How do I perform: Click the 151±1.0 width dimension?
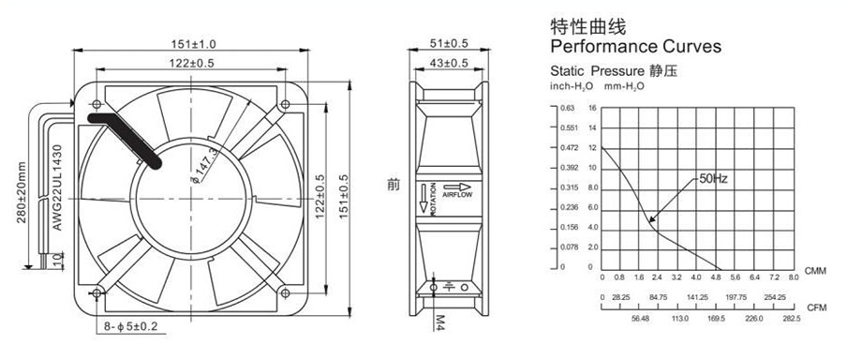click(x=194, y=43)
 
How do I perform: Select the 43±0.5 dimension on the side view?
click(x=449, y=63)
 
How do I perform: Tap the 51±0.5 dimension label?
click(x=448, y=43)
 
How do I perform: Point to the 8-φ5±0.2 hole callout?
click(x=131, y=327)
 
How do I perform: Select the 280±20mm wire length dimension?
click(x=22, y=192)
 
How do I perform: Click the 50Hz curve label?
click(x=713, y=179)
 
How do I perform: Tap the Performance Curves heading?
click(x=635, y=46)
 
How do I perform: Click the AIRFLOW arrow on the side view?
click(x=457, y=187)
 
